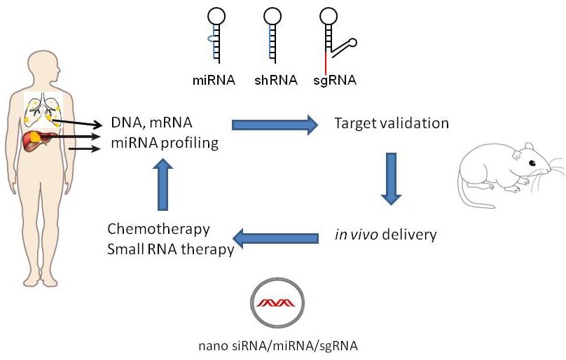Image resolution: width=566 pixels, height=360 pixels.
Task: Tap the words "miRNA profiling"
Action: tap(164, 144)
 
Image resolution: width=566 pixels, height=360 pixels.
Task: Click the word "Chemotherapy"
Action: tap(159, 229)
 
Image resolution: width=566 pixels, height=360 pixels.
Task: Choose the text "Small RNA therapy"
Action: tap(170, 249)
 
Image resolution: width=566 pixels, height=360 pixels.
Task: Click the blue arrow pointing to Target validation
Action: tap(274, 125)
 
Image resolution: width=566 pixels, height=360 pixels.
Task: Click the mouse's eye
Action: tap(530, 163)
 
